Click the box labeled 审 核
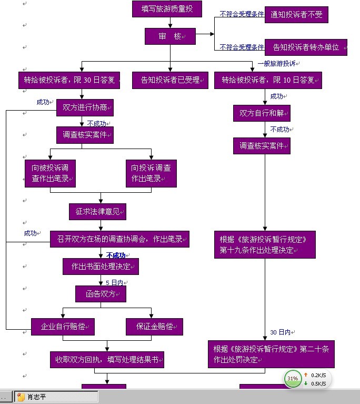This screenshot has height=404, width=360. point(170,36)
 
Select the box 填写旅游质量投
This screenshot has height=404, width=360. point(167,8)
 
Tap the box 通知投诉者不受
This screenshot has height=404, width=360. point(296,15)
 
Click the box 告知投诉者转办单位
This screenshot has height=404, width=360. point(306,47)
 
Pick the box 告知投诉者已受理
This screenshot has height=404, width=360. point(170,80)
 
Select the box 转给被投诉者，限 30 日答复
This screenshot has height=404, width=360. point(69,80)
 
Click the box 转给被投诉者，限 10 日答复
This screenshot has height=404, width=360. point(268,80)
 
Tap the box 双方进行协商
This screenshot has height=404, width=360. point(85,107)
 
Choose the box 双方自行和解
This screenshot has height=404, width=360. point(262,113)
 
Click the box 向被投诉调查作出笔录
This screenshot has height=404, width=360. point(50,173)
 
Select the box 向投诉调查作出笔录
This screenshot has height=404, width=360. point(151,173)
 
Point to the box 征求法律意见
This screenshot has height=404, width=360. point(97,212)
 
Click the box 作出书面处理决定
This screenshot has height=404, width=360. point(101,267)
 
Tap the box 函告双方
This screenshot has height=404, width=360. point(101,294)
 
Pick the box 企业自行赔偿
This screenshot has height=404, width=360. point(63,327)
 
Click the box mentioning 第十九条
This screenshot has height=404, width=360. point(265,244)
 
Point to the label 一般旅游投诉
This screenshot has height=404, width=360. point(278,64)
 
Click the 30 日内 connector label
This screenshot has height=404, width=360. point(281,332)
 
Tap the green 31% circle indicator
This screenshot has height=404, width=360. point(293,378)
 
